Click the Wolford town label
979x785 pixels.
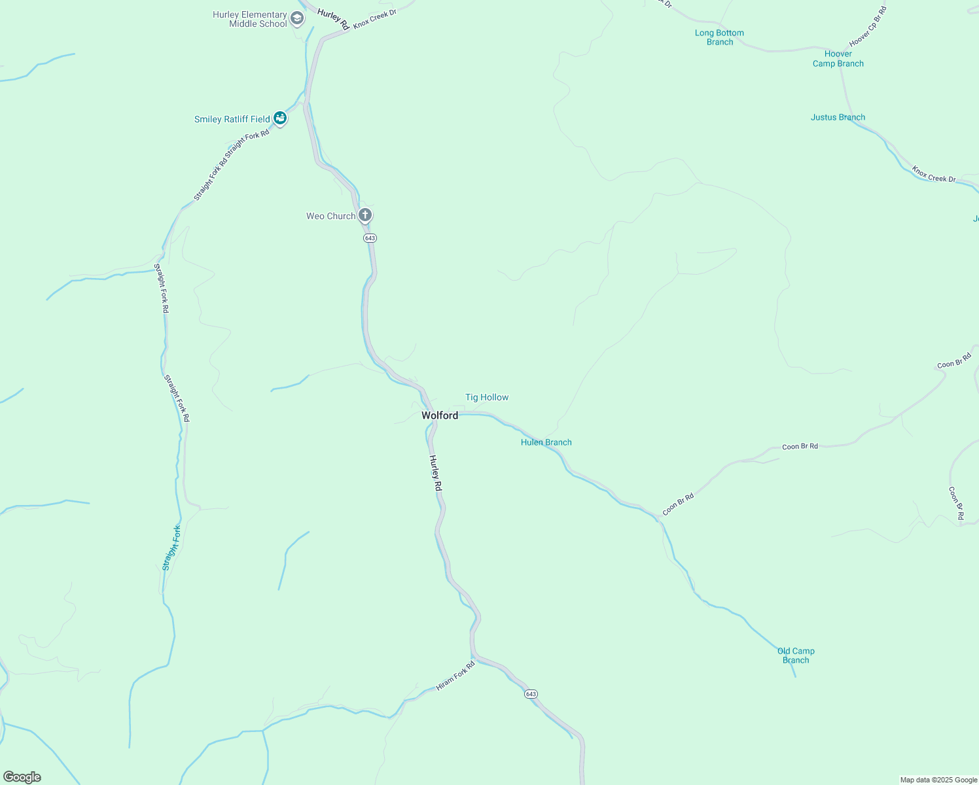pyautogui.click(x=440, y=415)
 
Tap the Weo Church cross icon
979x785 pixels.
pyautogui.click(x=365, y=215)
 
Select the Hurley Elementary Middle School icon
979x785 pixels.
pyautogui.click(x=297, y=18)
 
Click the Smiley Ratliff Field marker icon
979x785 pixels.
pyautogui.click(x=280, y=118)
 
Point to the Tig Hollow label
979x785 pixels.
pyautogui.click(x=487, y=397)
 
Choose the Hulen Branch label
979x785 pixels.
pyautogui.click(x=546, y=442)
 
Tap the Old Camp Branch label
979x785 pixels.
pyautogui.click(x=796, y=655)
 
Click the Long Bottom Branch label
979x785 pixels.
pyautogui.click(x=719, y=37)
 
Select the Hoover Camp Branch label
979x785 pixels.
pyautogui.click(x=838, y=59)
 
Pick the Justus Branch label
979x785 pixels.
pyautogui.click(x=838, y=117)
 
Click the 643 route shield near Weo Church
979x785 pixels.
pyautogui.click(x=370, y=238)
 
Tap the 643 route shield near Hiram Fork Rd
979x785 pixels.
pyautogui.click(x=531, y=694)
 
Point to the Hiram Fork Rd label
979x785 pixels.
pyautogui.click(x=455, y=676)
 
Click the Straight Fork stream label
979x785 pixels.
pyautogui.click(x=171, y=548)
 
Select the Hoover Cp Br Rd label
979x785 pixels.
pyautogui.click(x=868, y=26)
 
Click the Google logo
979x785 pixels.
pyautogui.click(x=22, y=777)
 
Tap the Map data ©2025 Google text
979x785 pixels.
pyautogui.click(x=938, y=780)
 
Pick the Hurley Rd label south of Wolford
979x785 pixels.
pyautogui.click(x=436, y=473)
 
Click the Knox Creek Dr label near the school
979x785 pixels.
pyautogui.click(x=375, y=19)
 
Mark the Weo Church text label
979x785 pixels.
pyautogui.click(x=330, y=216)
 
